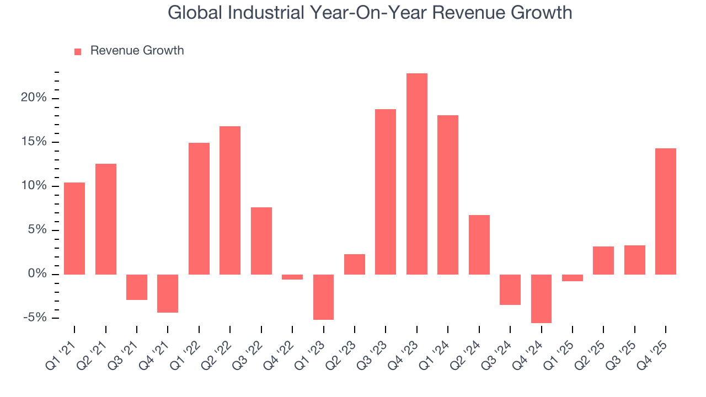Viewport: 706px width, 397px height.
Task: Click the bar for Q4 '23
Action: point(416,174)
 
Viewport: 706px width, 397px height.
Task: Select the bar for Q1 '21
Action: point(74,228)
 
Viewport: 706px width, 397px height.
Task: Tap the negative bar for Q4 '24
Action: point(541,298)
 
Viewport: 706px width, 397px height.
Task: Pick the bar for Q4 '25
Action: point(666,211)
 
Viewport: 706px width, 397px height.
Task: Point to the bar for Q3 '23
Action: point(386,191)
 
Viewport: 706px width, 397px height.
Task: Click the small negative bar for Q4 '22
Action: point(292,277)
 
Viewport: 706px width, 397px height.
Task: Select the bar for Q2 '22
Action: point(230,200)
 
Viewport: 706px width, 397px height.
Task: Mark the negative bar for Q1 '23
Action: point(323,297)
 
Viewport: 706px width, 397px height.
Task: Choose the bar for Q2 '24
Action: point(479,244)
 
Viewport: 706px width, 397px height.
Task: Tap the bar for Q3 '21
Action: point(137,287)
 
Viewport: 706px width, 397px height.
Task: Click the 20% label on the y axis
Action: point(34,98)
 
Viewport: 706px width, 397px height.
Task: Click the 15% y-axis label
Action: point(34,142)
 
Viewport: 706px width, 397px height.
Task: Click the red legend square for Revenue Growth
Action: point(78,51)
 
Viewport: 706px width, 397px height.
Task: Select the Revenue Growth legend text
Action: point(137,51)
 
